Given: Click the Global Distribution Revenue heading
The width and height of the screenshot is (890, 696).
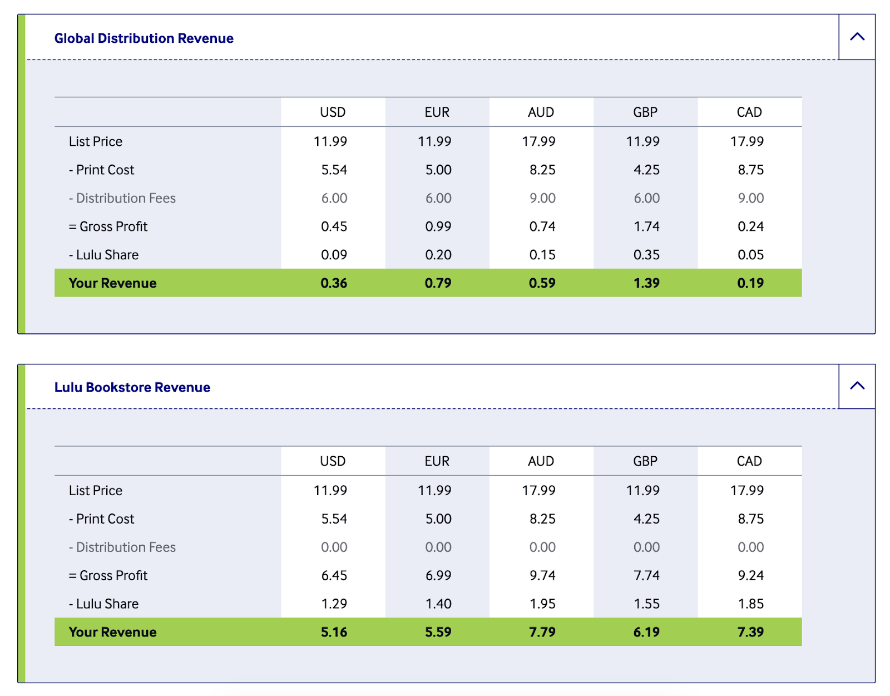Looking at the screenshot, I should coord(144,38).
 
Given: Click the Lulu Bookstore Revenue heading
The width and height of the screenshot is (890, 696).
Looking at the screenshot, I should coord(132,387).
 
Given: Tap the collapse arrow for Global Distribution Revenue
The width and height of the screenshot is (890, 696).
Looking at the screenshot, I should coord(857,37).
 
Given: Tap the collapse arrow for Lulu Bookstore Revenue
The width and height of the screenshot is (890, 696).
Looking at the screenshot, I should coord(857,386).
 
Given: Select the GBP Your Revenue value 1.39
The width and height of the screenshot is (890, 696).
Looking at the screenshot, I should coord(646,283).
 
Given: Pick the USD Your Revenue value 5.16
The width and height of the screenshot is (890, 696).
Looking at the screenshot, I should coord(334,632).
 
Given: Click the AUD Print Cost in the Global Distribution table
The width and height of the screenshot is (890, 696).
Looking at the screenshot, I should coord(542,170).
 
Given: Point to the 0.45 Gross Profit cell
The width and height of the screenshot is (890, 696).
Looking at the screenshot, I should coord(334,226).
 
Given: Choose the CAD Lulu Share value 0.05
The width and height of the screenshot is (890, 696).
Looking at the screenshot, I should coord(750,255).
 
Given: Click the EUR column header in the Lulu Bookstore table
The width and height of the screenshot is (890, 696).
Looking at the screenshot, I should coord(437,461).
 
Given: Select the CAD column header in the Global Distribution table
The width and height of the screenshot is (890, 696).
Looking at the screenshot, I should coord(749,112).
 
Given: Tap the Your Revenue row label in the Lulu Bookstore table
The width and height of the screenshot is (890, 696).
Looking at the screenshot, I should coord(112,632).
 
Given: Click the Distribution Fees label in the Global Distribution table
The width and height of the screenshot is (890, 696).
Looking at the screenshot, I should coord(122,198).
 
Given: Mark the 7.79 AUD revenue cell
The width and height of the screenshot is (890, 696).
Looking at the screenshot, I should coord(542,632).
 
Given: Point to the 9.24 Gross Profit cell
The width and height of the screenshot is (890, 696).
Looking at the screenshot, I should coord(750,575).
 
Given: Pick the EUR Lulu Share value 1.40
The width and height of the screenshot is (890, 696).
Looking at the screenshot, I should coord(438,604).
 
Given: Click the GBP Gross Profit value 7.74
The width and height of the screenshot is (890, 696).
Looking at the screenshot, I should coord(646,575).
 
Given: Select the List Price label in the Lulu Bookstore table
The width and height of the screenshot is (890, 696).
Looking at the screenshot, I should coord(96,491).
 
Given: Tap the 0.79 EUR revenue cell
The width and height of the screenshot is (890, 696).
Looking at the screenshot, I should coord(438,283).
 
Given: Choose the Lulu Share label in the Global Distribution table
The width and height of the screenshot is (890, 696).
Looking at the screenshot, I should coord(104,255).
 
